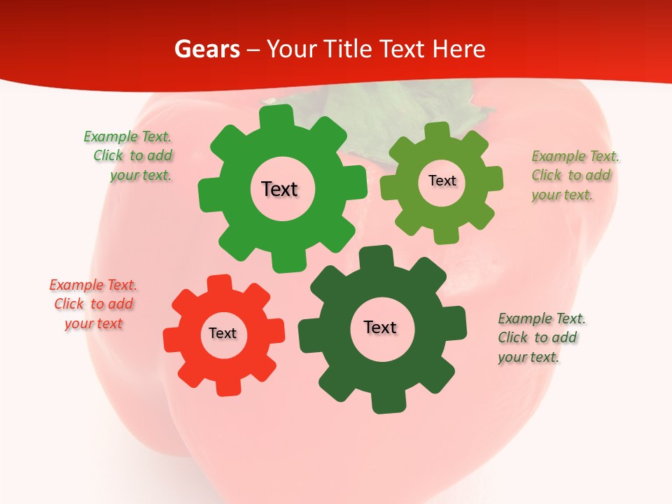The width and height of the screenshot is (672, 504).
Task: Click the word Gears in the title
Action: [x=206, y=49]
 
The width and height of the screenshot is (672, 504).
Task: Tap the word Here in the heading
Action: [x=459, y=49]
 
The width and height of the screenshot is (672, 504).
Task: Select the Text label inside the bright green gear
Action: [x=279, y=189]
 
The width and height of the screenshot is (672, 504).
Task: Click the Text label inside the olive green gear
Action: [x=442, y=181]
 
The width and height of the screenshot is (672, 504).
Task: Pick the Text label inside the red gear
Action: [x=223, y=333]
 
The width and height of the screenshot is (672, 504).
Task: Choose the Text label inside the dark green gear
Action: [x=380, y=327]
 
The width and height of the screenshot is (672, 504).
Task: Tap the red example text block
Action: [x=93, y=304]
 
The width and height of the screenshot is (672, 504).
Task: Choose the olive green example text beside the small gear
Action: [x=574, y=176]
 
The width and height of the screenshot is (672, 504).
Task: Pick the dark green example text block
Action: [x=540, y=337]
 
